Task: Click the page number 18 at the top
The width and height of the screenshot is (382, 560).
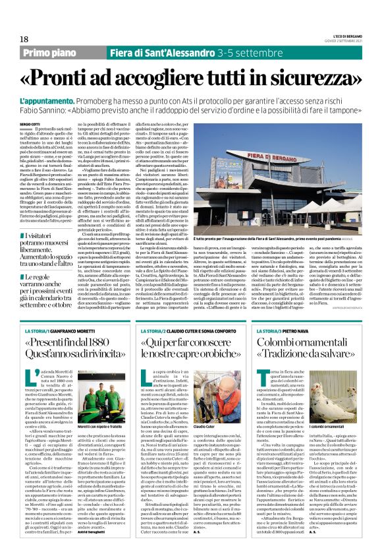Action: point(25,40)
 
